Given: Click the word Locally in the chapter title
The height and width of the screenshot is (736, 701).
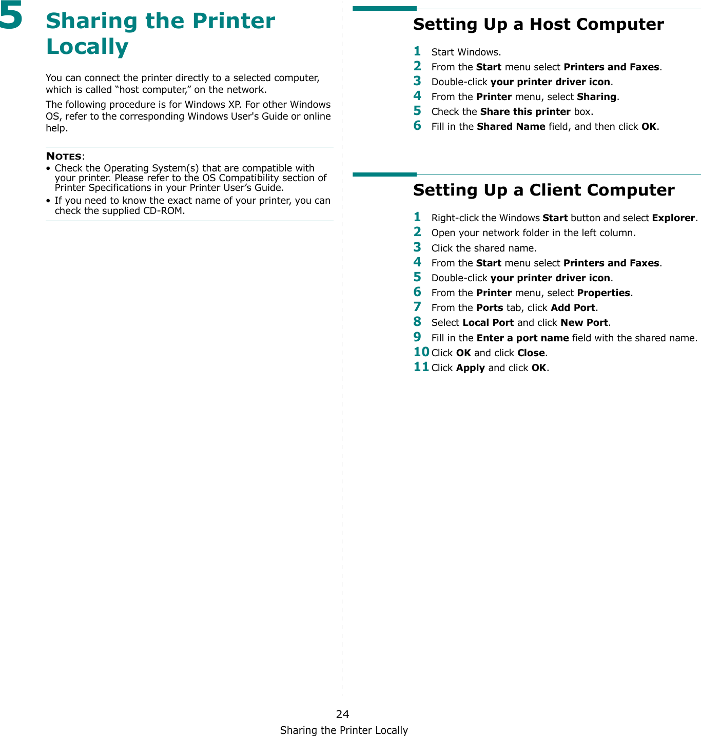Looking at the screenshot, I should point(87,46).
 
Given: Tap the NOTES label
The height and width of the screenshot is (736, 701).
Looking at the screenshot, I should point(64,156).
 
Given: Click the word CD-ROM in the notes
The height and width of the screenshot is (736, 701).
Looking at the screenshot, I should point(163,210).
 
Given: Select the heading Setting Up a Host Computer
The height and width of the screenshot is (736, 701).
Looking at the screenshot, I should point(538,24).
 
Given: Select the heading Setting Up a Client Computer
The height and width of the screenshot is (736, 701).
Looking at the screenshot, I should point(543,190).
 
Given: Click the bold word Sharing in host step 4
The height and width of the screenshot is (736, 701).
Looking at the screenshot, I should point(596,96).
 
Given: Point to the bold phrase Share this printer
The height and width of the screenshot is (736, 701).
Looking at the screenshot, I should point(525,111).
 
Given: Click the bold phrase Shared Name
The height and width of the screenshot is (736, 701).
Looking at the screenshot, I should point(511,126).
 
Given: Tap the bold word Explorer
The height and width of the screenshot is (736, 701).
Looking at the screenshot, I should point(673,218).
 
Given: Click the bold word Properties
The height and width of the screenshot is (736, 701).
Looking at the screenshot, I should point(603,293).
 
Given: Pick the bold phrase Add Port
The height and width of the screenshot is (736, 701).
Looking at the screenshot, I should point(573,307).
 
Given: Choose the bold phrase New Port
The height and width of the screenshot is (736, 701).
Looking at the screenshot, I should point(584,322).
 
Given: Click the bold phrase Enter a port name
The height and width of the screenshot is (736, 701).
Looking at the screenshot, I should point(522,338).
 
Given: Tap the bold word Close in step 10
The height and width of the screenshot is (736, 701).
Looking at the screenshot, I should point(531,353).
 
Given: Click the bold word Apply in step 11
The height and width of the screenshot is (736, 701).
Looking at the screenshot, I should point(470,367).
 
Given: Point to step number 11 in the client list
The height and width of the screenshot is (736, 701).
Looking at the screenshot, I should point(421,367).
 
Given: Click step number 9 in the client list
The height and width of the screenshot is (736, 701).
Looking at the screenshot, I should point(418,337).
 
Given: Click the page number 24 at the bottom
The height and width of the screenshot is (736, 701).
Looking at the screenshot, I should point(342,714).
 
